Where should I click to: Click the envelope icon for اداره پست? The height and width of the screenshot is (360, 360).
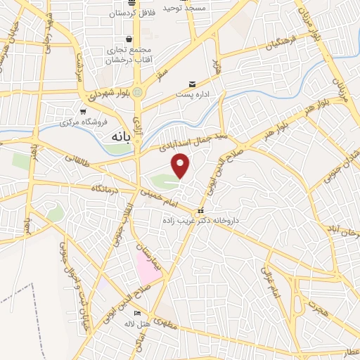(193, 85)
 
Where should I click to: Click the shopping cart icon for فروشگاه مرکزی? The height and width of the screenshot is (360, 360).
(83, 111)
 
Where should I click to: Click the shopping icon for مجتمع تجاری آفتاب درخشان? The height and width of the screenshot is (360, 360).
(129, 39)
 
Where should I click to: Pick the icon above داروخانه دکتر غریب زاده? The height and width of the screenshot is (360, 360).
(201, 211)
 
